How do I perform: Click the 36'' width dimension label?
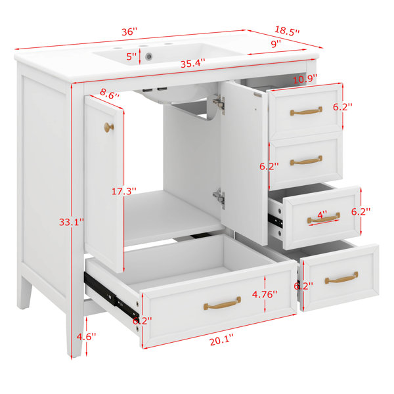click(129, 32)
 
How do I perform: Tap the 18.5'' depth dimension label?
click(287, 31)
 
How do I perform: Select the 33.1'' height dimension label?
click(72, 222)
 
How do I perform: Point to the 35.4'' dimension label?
click(193, 63)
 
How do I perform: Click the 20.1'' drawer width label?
click(222, 341)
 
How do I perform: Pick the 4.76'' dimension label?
click(265, 294)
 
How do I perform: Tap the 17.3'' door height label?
click(124, 192)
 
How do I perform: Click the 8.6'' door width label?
click(110, 94)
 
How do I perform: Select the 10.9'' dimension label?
click(305, 79)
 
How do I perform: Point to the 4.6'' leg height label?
click(87, 336)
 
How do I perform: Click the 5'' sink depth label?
click(131, 56)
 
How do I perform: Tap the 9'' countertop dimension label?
click(276, 44)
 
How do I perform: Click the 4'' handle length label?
click(322, 215)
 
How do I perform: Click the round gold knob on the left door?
click(109, 127)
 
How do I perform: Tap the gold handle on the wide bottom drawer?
click(222, 303)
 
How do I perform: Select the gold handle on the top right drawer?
click(306, 111)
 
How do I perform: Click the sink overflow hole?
click(149, 56)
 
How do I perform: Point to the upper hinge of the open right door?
click(219, 103)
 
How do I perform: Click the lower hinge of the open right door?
click(219, 197)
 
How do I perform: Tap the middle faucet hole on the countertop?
click(143, 46)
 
